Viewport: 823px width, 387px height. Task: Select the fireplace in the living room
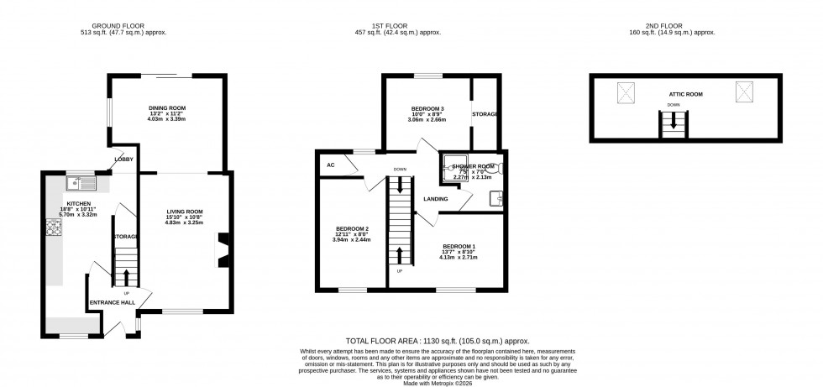223,250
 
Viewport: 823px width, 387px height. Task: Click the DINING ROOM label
166,108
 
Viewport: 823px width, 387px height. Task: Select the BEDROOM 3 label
427,108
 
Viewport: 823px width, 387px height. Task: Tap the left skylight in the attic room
626,92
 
